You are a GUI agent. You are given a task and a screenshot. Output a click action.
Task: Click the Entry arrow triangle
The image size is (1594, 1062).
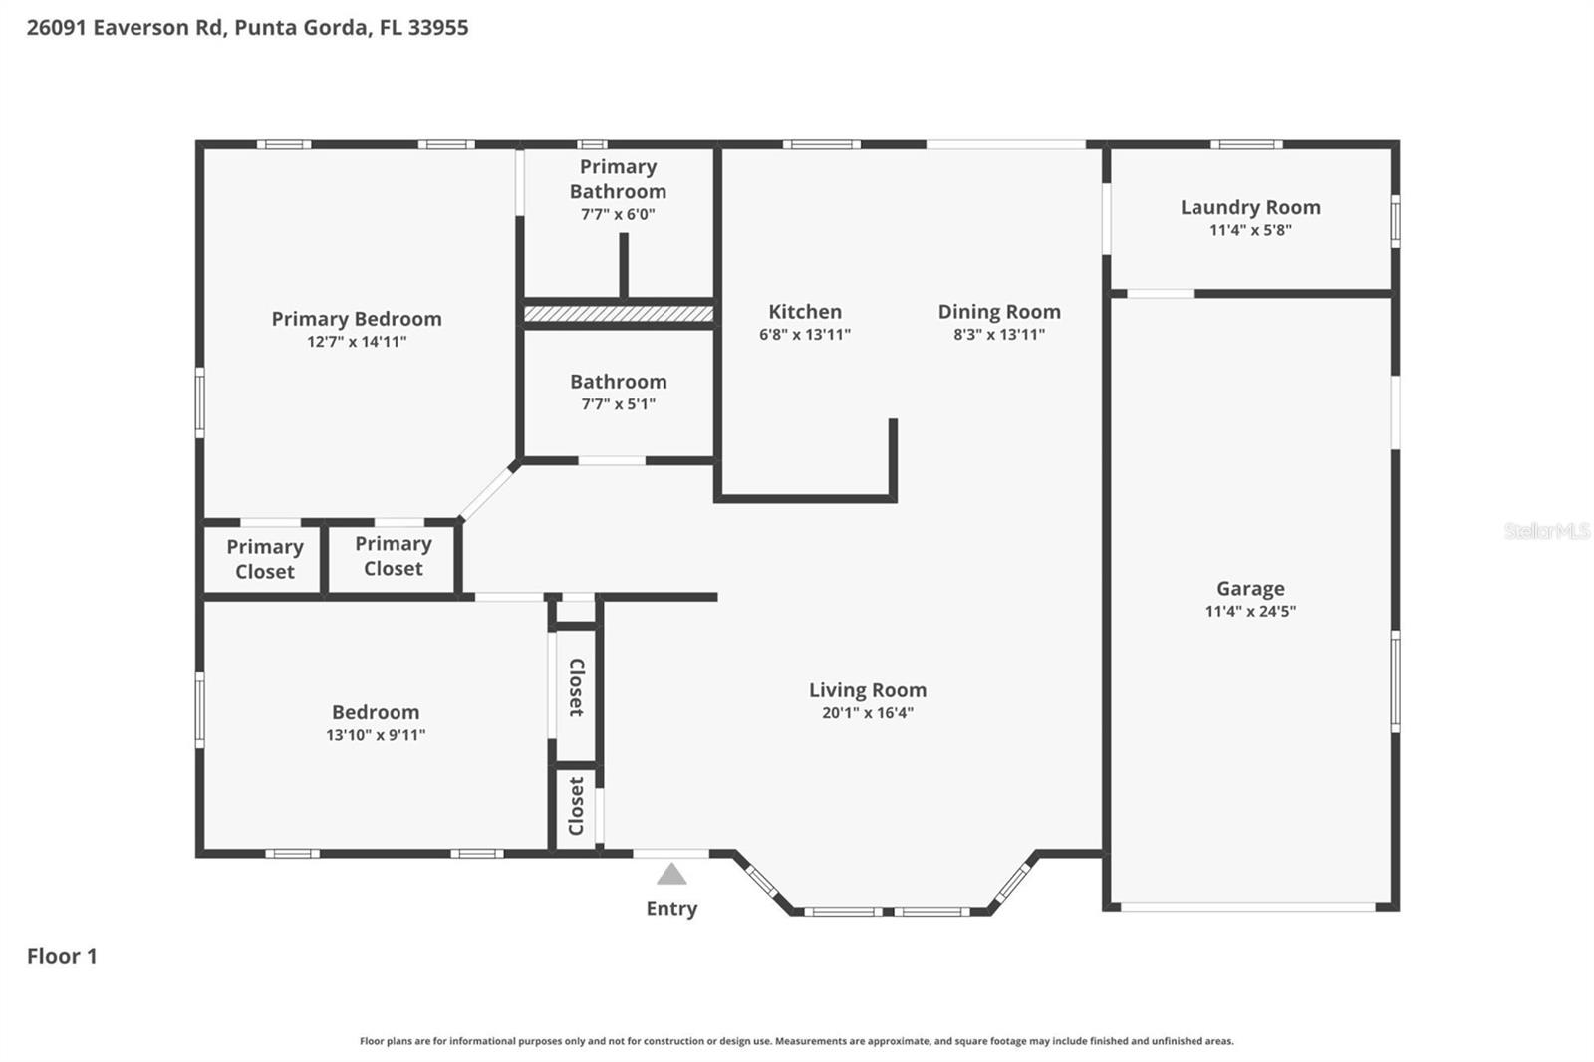671,875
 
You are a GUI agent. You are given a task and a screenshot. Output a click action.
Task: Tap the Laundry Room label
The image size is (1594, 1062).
1250,207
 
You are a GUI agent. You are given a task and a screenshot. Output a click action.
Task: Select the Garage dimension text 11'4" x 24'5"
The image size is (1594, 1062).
1250,611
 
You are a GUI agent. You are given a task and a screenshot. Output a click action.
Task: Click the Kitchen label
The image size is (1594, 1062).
805,312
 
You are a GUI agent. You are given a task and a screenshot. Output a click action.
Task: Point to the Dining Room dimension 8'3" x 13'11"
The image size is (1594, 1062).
999,334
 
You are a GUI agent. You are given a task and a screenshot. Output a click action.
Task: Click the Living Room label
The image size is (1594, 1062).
867,690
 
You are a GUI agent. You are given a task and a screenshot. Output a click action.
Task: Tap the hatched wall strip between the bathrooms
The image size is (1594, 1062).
619,314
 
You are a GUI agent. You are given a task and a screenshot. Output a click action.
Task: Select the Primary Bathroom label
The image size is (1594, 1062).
618,179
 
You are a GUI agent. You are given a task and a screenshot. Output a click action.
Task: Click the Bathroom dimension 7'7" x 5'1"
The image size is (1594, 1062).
618,403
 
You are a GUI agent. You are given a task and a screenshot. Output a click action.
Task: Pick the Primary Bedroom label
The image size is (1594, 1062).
357,319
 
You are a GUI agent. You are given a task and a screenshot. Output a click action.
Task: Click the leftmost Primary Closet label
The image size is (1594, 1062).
264,559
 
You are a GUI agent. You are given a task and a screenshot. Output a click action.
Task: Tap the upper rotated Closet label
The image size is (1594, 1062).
576,687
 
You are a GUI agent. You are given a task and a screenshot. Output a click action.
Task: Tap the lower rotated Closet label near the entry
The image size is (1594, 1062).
576,806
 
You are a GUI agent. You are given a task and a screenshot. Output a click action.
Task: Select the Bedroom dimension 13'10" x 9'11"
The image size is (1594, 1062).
376,735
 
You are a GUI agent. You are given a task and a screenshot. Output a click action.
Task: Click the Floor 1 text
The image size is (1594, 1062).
62,956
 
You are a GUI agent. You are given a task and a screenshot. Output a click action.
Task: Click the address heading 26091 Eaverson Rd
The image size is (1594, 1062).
247,27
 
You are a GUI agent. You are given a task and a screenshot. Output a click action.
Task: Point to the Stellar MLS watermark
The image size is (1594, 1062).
1546,531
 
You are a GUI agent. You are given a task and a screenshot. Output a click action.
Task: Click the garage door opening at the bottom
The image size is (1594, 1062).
1248,906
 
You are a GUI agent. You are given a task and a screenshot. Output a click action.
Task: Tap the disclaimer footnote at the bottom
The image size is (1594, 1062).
796,1041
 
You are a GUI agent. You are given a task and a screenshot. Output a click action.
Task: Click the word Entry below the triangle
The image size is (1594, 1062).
671,908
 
